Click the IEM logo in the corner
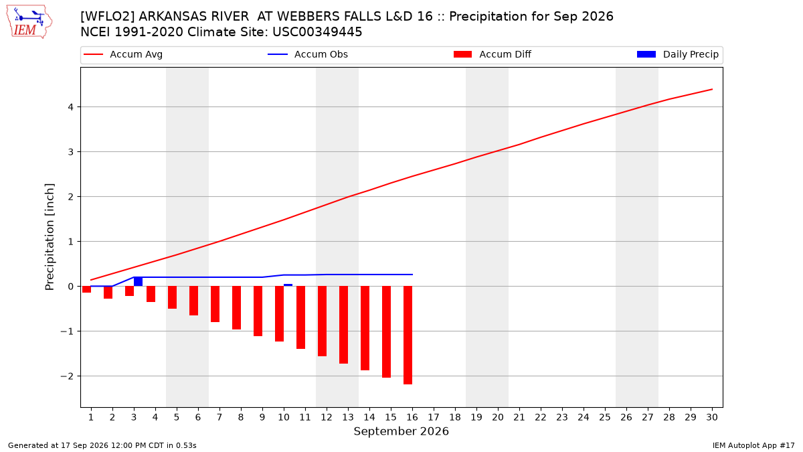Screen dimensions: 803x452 [x=29, y=22]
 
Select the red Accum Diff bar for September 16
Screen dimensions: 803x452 [x=408, y=335]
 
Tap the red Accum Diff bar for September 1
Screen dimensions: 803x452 [x=87, y=289]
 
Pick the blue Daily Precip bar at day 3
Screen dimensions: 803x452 [x=138, y=281]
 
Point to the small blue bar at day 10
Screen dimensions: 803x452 [x=288, y=285]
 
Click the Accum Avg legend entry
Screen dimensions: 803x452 [x=123, y=54]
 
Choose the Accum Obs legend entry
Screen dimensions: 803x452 [x=308, y=54]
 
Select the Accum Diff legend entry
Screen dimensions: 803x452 [x=493, y=54]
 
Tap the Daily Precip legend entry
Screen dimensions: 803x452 [x=678, y=54]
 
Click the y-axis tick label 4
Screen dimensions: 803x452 [x=70, y=107]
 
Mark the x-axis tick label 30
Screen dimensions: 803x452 [x=712, y=417]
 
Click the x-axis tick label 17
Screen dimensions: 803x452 [x=434, y=417]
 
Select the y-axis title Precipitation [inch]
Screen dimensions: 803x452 [x=50, y=237]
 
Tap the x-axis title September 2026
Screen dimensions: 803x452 [x=401, y=431]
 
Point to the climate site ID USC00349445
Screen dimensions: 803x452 [x=317, y=32]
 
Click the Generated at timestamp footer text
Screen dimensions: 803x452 [x=102, y=445]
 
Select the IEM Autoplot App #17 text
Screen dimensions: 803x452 [x=753, y=445]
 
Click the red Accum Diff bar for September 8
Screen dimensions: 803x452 [x=237, y=308]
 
